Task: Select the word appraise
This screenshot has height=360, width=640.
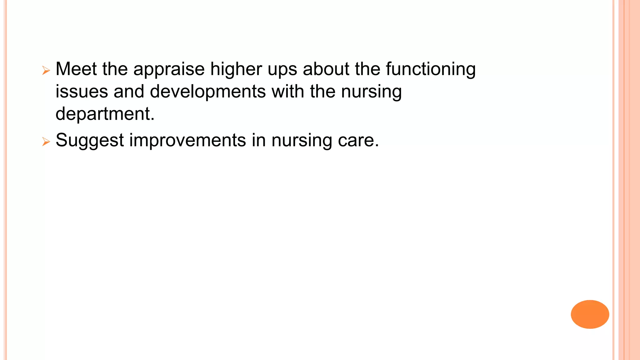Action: click(x=169, y=69)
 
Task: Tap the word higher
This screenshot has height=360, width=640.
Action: click(x=236, y=69)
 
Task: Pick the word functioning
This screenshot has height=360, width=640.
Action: click(x=431, y=69)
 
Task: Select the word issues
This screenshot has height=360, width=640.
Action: click(x=82, y=92)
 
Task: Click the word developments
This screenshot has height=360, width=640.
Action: click(x=208, y=92)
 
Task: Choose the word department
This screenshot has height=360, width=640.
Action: click(x=105, y=114)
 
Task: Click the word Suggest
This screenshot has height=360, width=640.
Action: click(x=90, y=140)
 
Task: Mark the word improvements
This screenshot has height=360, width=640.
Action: click(x=187, y=140)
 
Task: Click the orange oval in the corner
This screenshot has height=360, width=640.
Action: click(x=590, y=314)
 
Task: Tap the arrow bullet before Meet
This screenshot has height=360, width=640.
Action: click(x=46, y=71)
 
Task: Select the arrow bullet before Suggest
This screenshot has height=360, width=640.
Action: click(x=46, y=142)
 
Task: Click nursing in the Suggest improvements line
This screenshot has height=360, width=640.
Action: click(x=302, y=140)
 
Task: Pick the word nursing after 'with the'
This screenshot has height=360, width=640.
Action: click(x=371, y=92)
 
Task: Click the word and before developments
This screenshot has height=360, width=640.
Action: click(x=129, y=92)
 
